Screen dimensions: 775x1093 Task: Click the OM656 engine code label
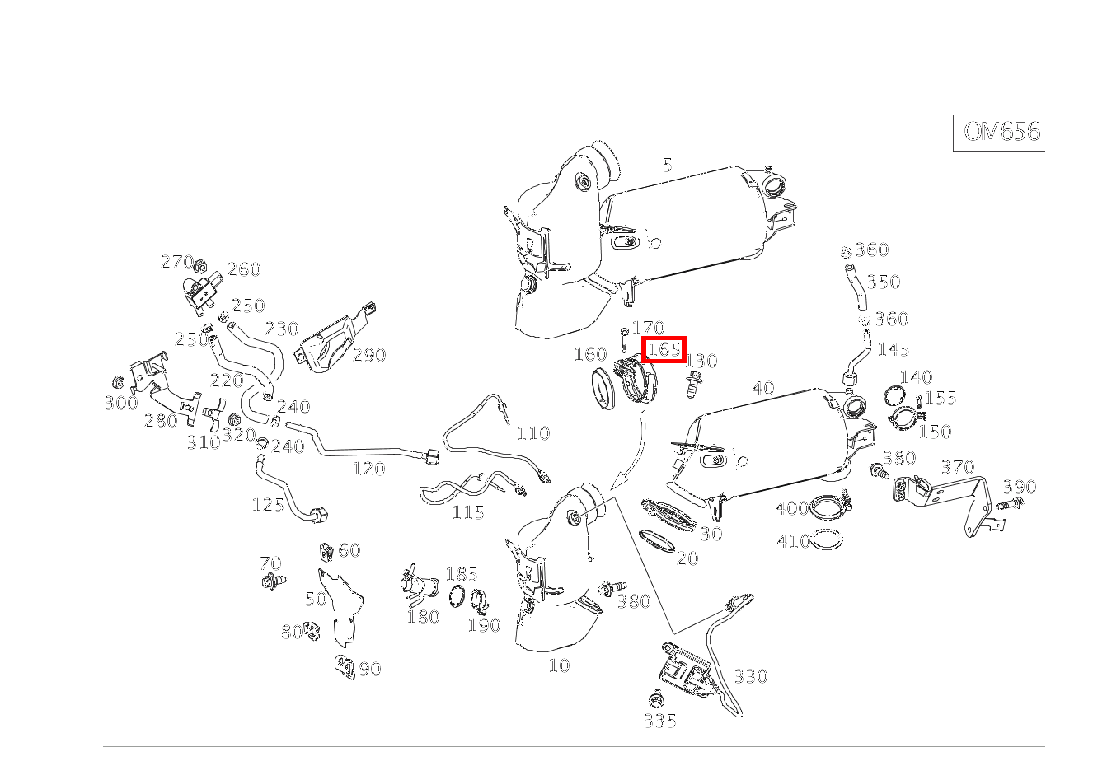1001,132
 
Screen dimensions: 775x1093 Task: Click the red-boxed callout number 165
664,349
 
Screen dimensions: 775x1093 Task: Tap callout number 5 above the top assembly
667,165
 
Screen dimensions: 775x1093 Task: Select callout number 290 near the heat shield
369,355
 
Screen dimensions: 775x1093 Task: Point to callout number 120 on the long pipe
368,469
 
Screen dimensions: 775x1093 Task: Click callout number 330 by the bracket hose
750,676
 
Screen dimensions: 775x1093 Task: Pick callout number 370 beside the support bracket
957,467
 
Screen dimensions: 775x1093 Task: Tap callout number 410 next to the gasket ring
793,541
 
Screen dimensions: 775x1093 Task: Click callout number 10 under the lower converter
559,665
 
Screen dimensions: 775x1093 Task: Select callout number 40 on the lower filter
763,387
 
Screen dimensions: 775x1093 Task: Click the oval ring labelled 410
827,540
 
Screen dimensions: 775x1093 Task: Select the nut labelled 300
118,383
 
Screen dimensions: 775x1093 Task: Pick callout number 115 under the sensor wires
467,512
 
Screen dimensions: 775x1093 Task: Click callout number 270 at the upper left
176,262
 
